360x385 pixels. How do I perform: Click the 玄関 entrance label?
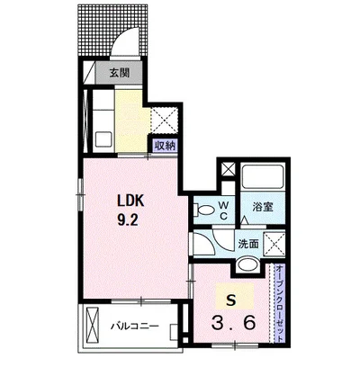click(119, 73)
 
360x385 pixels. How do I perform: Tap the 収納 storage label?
click(165, 146)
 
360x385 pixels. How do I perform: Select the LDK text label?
click(130, 201)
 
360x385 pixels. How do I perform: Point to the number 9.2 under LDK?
click(128, 220)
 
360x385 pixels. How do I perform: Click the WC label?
click(223, 210)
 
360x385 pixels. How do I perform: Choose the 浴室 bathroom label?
click(263, 207)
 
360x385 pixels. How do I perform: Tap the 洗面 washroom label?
click(248, 244)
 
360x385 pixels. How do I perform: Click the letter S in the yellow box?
click(231, 300)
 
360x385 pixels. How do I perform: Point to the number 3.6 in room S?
click(234, 323)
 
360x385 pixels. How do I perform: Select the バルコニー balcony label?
click(135, 327)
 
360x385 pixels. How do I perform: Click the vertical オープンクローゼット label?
click(279, 303)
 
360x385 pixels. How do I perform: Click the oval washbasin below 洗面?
click(247, 264)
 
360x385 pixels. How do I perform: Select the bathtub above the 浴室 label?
click(263, 176)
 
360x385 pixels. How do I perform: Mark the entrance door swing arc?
click(126, 38)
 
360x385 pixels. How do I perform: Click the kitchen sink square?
click(103, 139)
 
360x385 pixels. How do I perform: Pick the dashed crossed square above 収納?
click(164, 121)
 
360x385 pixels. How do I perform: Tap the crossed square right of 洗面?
click(274, 244)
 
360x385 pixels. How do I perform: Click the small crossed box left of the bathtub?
click(229, 169)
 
